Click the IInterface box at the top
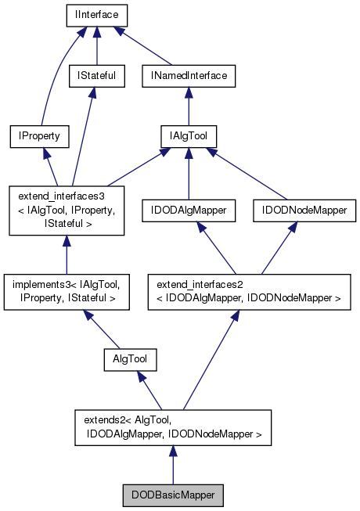point(95,15)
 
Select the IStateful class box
point(95,76)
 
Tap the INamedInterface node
point(188,76)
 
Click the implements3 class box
point(66,289)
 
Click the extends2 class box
point(173,426)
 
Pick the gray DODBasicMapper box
point(173,495)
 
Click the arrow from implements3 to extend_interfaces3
point(66,254)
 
